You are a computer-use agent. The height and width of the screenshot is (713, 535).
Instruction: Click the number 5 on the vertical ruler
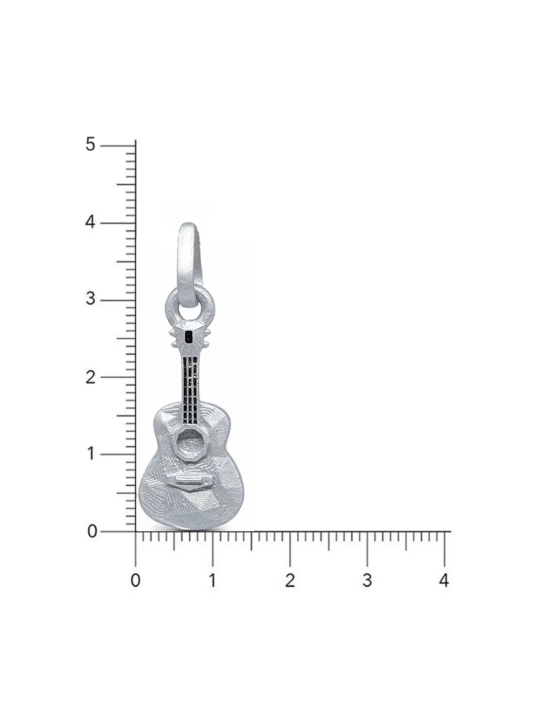coord(91,144)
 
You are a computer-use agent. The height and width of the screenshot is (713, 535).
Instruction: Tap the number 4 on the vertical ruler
coord(90,222)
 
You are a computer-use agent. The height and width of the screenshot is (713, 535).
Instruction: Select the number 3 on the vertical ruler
coord(91,299)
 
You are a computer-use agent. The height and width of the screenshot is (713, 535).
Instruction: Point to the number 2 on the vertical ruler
coord(91,377)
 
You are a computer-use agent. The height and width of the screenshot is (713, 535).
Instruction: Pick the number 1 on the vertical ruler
coord(91,454)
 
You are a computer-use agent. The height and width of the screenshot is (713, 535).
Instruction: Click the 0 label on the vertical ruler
coord(92,531)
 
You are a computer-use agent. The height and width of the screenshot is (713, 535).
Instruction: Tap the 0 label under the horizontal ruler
coord(135,580)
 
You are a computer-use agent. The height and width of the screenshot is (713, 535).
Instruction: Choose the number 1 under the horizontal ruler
coord(213,580)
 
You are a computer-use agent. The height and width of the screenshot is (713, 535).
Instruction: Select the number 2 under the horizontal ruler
coord(290,580)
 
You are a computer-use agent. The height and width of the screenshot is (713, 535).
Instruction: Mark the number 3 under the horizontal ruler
coord(367,580)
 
